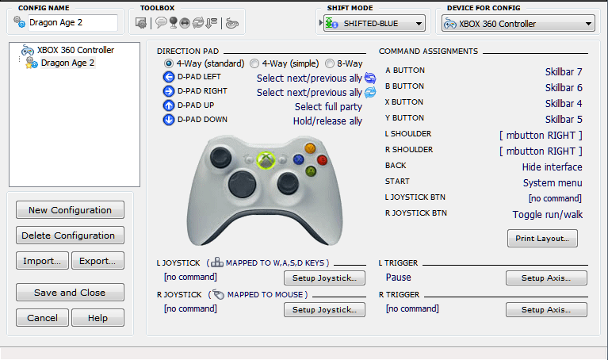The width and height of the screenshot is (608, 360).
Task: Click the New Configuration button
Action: click(x=70, y=210)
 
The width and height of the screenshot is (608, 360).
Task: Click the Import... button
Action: click(x=42, y=261)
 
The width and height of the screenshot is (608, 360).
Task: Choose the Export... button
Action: click(x=98, y=261)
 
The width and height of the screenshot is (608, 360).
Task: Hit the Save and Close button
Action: click(x=70, y=292)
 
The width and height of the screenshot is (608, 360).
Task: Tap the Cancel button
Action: click(x=42, y=318)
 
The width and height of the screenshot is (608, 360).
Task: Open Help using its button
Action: click(x=98, y=318)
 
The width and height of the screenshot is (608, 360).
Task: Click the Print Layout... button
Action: click(x=542, y=238)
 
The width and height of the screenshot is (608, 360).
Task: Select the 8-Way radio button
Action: click(x=330, y=63)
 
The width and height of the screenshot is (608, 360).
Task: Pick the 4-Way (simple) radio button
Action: click(x=254, y=63)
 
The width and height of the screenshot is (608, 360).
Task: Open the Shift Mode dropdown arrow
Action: click(x=419, y=24)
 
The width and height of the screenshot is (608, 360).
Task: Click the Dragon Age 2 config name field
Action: click(x=72, y=22)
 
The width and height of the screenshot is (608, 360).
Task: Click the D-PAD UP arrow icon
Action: click(x=169, y=105)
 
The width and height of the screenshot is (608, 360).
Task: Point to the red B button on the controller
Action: click(x=322, y=159)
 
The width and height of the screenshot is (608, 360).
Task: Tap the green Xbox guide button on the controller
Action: click(x=266, y=160)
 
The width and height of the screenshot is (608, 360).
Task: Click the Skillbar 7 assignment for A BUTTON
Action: click(x=564, y=72)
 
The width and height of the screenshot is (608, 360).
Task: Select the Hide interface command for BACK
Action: click(x=552, y=167)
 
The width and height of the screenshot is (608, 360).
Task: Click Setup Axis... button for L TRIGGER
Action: click(x=546, y=278)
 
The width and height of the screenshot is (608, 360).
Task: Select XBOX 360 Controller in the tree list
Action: click(x=75, y=50)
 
